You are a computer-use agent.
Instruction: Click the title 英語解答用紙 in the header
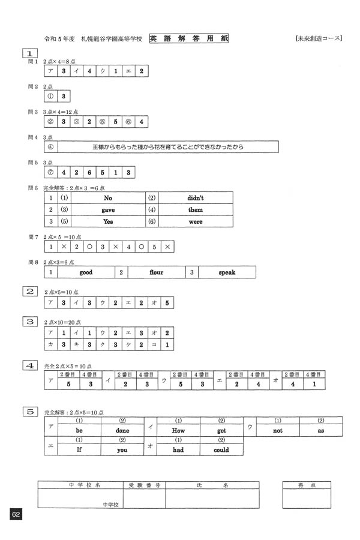tap(189, 38)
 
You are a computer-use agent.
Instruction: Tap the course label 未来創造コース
tap(319, 38)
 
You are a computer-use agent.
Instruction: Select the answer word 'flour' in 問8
tap(156, 272)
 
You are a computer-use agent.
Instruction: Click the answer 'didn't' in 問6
tap(196, 197)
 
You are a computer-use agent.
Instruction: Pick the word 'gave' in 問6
tap(108, 209)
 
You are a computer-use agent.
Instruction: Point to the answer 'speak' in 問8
tap(227, 272)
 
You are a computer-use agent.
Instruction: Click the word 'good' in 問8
tap(86, 272)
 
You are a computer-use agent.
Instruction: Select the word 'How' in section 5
tap(178, 430)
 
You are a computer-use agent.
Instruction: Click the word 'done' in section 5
tap(122, 430)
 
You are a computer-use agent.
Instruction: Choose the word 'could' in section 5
tap(221, 449)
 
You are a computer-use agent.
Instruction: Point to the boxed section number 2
tap(29, 291)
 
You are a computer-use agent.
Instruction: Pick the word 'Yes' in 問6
tap(108, 221)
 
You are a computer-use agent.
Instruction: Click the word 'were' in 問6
tap(196, 221)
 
